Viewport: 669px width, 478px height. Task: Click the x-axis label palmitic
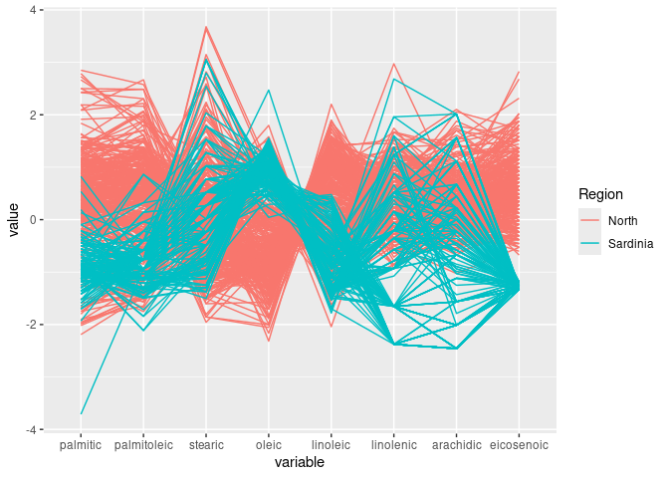pos(81,444)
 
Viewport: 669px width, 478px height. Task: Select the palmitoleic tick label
pos(143,444)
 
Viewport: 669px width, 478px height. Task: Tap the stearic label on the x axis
pos(206,444)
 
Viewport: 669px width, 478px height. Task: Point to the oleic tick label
pos(269,444)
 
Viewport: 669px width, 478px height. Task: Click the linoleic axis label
pos(332,444)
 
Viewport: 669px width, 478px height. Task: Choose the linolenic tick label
pos(394,444)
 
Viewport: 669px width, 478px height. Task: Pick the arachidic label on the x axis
pos(457,444)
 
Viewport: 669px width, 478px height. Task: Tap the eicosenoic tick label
pos(519,444)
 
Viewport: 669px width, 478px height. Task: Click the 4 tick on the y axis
pos(33,10)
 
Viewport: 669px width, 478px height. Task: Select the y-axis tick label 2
pos(33,116)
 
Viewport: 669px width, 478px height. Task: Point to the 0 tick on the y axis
pos(33,220)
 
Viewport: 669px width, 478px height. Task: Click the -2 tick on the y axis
pos(31,325)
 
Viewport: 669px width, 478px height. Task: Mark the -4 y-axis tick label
pos(31,430)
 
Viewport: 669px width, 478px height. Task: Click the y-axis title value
pos(13,220)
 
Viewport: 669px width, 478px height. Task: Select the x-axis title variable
pos(300,463)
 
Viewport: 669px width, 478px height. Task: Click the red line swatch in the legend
pos(590,220)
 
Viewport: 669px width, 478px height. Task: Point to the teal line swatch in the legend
pos(590,244)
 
